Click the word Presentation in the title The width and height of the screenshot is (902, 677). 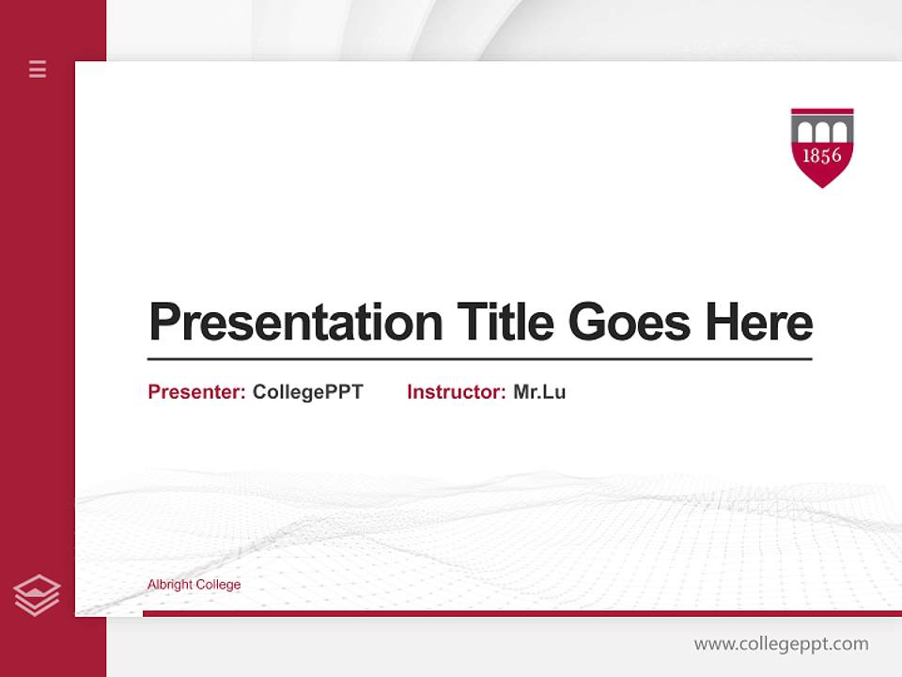295,323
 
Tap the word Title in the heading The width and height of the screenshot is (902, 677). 505,323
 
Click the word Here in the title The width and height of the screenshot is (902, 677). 759,323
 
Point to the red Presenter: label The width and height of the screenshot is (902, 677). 196,392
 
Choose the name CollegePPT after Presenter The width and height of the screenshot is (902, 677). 307,392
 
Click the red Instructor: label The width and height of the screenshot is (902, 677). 456,392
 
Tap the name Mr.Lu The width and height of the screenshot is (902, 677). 539,392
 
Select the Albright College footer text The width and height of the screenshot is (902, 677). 194,585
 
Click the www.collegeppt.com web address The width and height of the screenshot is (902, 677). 781,644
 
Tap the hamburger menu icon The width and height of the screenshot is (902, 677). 38,69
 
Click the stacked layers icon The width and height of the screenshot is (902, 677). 37,595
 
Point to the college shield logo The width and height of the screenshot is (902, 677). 822,147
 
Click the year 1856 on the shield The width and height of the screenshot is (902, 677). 822,156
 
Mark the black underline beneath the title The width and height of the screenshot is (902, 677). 479,359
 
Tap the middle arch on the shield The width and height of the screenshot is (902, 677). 822,131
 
